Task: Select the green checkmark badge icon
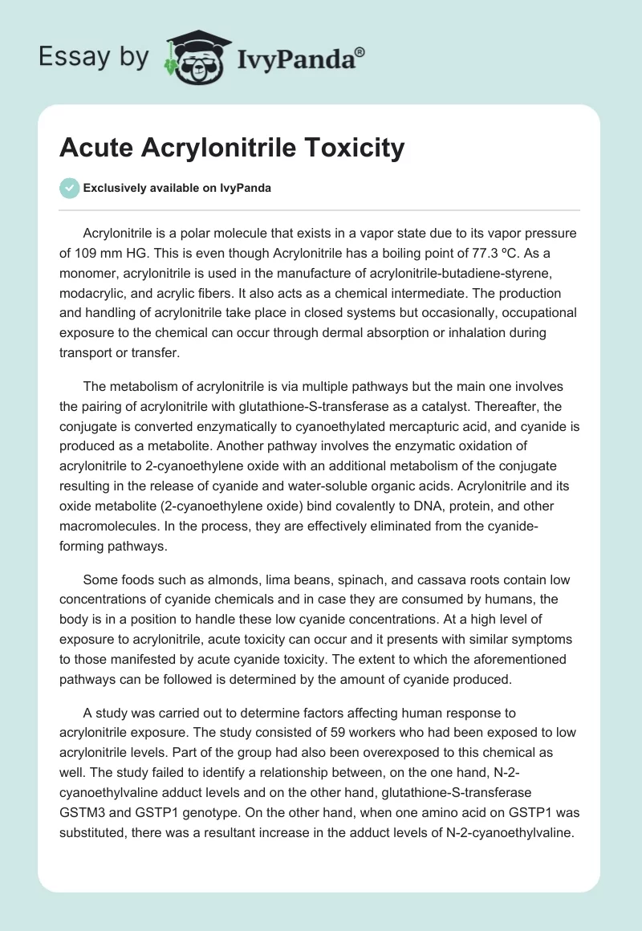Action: point(70,188)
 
